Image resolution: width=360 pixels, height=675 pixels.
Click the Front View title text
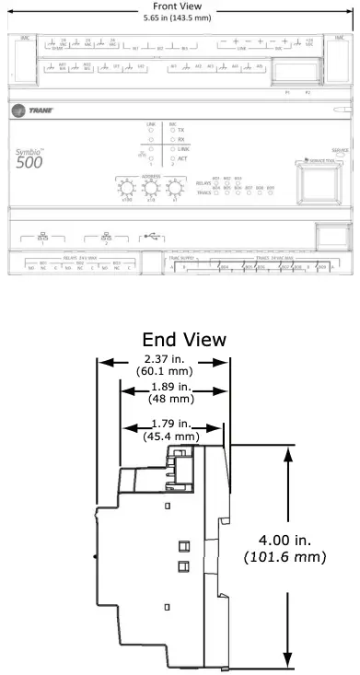[179, 6]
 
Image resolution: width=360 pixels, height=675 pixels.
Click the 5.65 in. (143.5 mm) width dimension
[179, 16]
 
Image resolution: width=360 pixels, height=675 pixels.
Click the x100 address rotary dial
[126, 190]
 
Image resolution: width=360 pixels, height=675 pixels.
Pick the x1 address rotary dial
[175, 190]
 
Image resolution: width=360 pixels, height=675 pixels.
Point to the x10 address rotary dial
[150, 190]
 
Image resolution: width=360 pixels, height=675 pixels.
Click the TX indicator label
[180, 131]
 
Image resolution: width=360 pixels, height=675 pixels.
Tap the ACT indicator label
[181, 158]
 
